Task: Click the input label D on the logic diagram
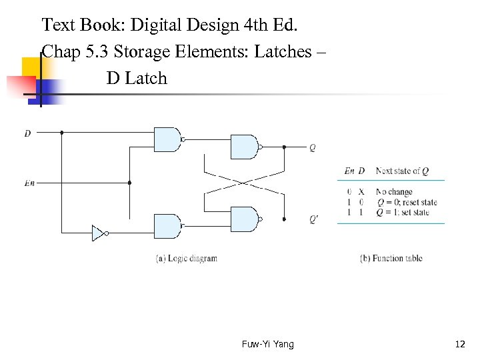tap(27, 133)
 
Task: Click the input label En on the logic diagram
tap(29, 183)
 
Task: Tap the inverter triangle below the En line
tap(98, 233)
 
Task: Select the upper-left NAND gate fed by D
tap(167, 139)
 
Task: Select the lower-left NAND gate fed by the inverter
tap(167, 227)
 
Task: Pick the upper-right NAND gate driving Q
tap(243, 147)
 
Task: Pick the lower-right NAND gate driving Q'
tap(243, 219)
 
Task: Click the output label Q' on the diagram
tap(313, 219)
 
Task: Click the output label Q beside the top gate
tap(313, 147)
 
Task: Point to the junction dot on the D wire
tap(62, 133)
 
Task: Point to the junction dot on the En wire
tap(129, 182)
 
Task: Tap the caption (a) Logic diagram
tap(187, 258)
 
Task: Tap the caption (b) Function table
tap(391, 258)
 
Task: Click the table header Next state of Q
tap(398, 171)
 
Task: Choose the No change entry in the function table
tap(394, 192)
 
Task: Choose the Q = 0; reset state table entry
tap(407, 202)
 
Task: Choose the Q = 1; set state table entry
tap(403, 213)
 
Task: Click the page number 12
tap(459, 344)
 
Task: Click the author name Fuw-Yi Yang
tap(267, 344)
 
